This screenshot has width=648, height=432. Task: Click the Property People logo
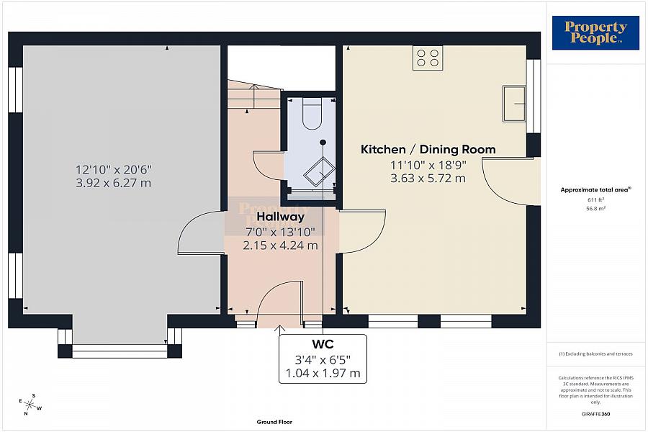(595, 33)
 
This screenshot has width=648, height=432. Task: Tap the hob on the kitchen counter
(428, 58)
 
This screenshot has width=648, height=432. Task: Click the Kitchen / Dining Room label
(428, 150)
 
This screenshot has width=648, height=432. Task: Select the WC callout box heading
(322, 343)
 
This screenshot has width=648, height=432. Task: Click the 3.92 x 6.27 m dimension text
(114, 183)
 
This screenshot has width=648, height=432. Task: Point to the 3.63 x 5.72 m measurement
(428, 179)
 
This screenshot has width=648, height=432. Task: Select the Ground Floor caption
(274, 422)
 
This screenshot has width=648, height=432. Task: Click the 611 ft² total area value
(595, 200)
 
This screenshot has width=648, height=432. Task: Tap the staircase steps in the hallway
(252, 97)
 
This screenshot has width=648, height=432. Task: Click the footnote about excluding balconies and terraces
(595, 354)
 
